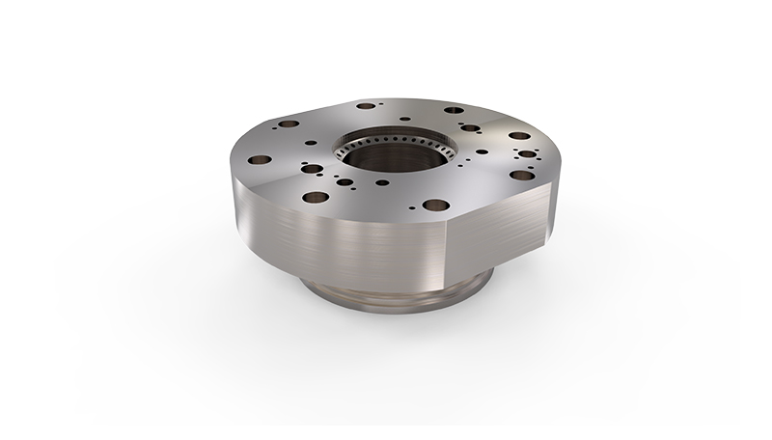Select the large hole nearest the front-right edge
pyautogui.click(x=435, y=205)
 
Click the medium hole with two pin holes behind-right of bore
pyautogui.click(x=469, y=127)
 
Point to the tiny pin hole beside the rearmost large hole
pyautogui.click(x=382, y=104)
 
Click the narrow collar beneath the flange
pyautogui.click(x=400, y=290)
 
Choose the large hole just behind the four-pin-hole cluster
pyautogui.click(x=519, y=136)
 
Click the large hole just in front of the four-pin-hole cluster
pyautogui.click(x=522, y=175)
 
